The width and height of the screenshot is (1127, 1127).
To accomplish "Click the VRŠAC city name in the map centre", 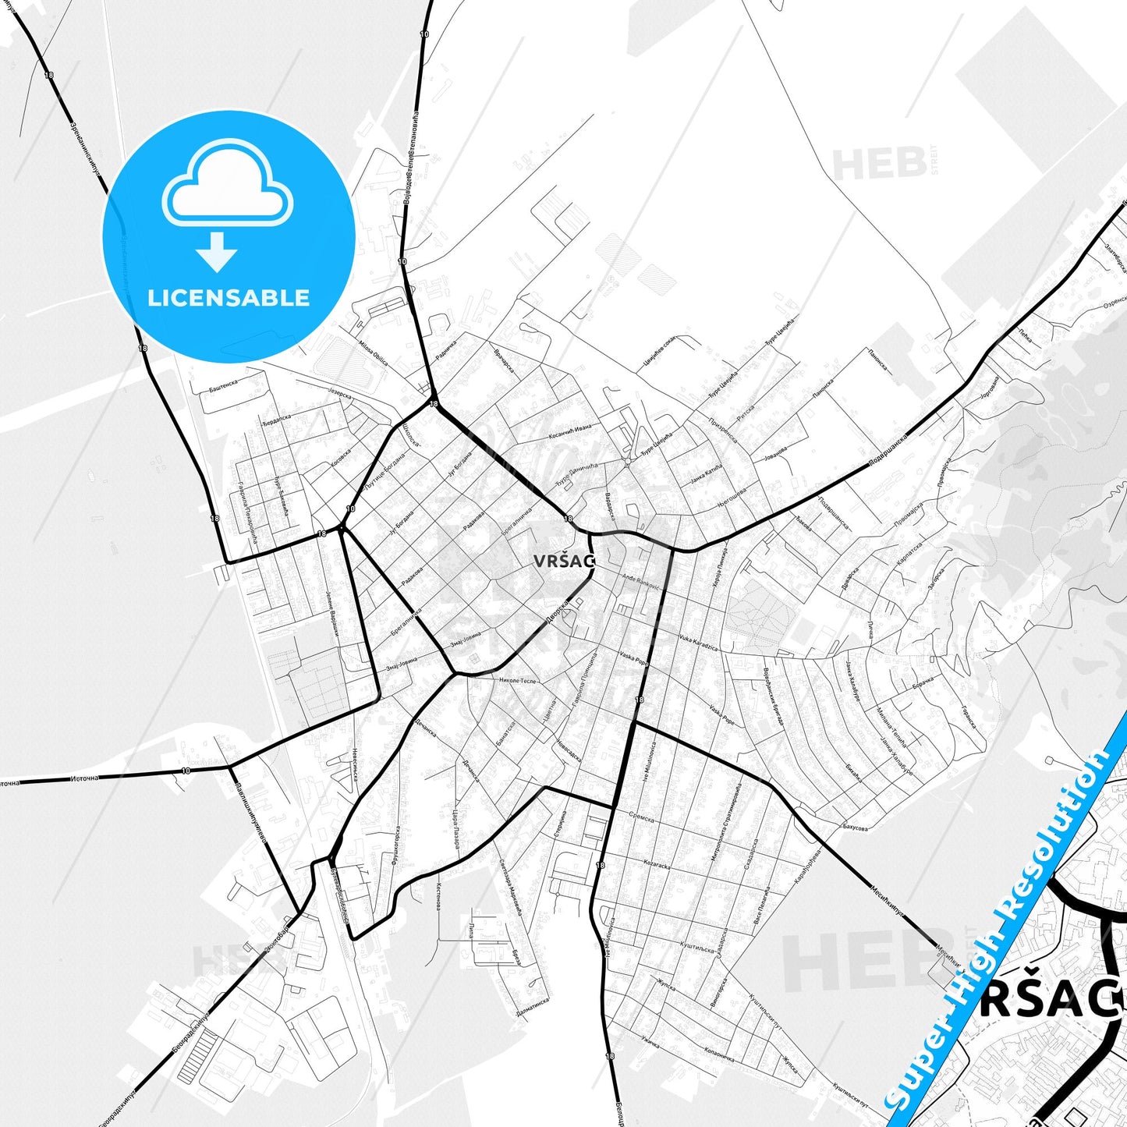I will (564, 560).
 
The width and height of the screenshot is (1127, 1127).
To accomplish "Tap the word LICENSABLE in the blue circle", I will (229, 298).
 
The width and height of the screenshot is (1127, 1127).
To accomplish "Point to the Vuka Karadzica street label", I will (698, 643).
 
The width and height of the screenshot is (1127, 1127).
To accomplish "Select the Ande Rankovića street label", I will (642, 582).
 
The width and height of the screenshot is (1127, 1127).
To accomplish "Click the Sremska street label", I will (641, 818).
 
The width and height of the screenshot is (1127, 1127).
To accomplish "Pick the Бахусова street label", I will (855, 827).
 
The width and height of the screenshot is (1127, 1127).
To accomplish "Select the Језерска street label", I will (340, 394).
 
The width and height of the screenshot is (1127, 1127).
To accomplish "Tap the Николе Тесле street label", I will (518, 680).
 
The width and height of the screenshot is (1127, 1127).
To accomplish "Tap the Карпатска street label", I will (909, 555).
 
